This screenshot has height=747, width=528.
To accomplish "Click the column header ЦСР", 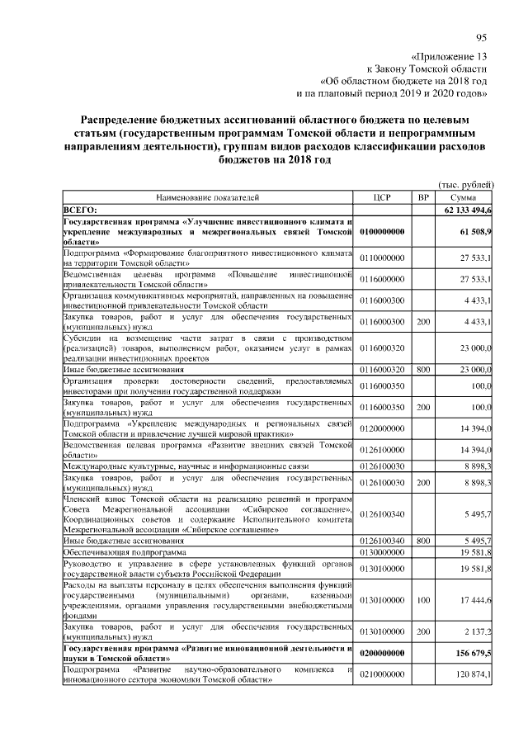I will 381,198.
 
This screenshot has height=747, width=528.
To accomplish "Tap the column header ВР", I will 423,198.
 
